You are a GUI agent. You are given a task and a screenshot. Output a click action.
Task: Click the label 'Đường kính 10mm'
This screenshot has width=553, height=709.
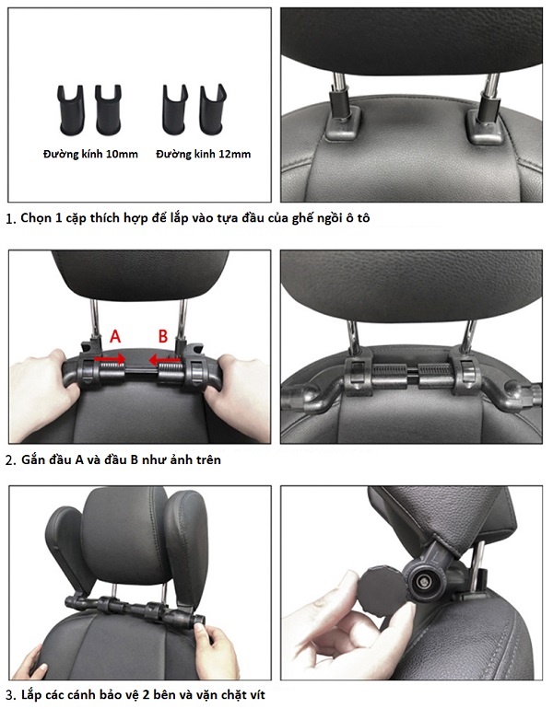coord(90,154)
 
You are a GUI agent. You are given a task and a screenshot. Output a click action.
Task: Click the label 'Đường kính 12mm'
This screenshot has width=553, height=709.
coord(203,154)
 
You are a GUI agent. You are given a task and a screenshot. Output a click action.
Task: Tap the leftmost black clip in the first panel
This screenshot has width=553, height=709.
coord(71,110)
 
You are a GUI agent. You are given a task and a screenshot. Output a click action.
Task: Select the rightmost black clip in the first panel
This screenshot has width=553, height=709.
coord(213,110)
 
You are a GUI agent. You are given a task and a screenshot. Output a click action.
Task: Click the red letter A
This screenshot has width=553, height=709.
coord(115,337)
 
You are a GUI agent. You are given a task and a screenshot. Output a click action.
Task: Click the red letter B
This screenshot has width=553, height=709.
coord(163,336)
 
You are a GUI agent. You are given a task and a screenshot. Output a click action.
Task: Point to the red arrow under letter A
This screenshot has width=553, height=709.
coord(110,359)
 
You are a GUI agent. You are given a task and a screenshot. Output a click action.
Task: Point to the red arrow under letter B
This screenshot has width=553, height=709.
coord(165,360)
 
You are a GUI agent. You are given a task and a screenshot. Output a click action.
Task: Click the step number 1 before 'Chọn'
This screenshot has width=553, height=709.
coord(9,219)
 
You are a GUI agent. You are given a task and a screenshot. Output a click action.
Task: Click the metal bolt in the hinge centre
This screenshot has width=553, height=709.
coord(424,581)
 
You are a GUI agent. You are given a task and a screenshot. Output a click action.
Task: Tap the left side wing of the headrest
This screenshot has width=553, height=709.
coord(67,551)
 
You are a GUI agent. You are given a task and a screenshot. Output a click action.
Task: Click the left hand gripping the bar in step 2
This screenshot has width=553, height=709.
coord(45,384)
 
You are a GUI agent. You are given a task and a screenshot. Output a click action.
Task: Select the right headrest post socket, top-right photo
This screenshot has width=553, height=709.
coord(486,126)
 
